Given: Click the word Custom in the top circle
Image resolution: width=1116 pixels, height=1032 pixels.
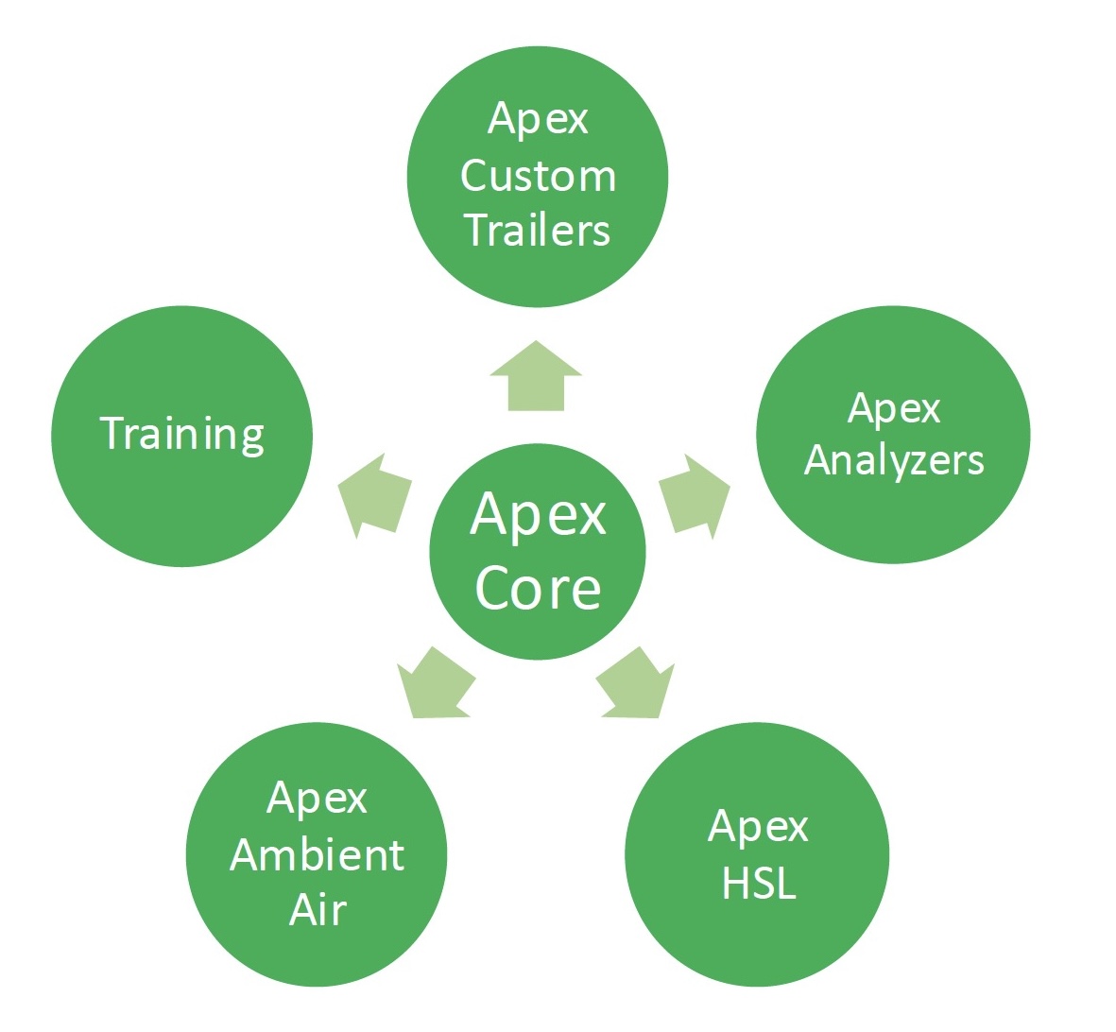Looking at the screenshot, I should click(x=538, y=177).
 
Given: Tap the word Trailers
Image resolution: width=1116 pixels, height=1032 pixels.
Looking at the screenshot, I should click(x=537, y=231).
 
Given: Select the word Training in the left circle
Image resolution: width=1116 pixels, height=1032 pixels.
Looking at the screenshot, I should click(x=181, y=434).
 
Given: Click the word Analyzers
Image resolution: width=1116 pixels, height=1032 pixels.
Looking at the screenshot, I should click(x=894, y=460).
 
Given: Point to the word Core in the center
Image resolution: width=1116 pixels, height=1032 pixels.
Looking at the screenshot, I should click(x=538, y=589).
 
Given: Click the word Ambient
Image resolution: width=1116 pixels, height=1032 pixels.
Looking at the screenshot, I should click(x=317, y=855).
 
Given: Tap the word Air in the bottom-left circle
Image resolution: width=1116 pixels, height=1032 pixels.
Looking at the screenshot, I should click(x=318, y=910).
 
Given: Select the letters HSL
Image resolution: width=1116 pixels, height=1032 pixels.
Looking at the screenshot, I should click(x=759, y=884).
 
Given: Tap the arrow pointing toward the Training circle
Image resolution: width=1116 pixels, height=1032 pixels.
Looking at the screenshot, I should click(x=375, y=496).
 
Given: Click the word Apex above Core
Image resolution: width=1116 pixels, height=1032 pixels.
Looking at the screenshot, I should click(x=538, y=515).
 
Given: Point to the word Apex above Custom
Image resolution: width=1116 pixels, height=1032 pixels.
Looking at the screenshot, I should click(x=538, y=120).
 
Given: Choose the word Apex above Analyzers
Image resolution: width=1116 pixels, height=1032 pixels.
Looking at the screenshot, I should click(x=894, y=408).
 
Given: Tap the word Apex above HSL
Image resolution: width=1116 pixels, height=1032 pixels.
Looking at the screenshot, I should click(x=758, y=828).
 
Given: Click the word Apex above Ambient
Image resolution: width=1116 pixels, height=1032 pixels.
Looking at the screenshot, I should click(x=317, y=800).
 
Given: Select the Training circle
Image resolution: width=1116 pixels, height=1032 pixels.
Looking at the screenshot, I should click(x=181, y=501).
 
